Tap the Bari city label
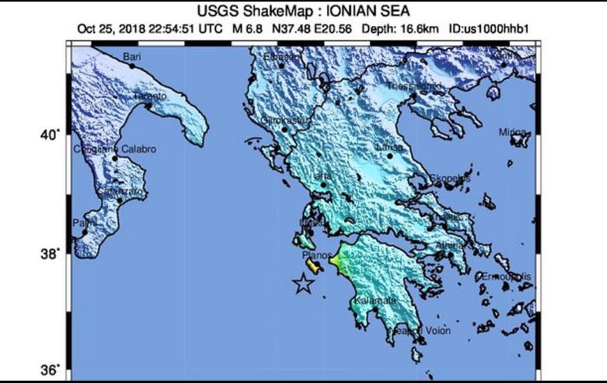pos(132,56)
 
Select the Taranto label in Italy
pos(149,96)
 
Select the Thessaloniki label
pos(414,85)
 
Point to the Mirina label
pos(513,132)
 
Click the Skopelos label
pos(449,178)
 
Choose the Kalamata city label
pos(375,301)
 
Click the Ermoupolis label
pos(505,276)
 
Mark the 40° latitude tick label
pos(50,135)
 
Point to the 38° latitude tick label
pos(50,253)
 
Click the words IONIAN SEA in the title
pos(384,11)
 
